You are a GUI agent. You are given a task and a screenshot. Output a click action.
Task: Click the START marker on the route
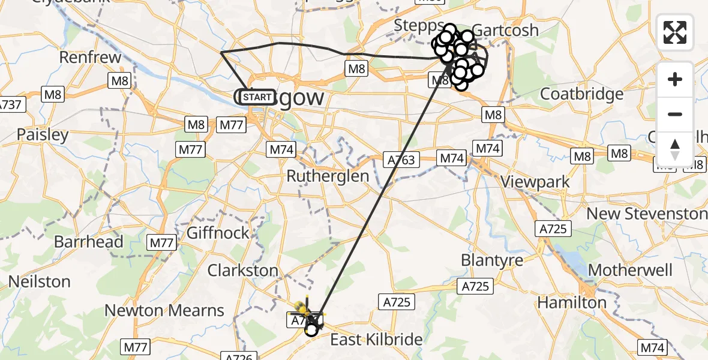[257, 97]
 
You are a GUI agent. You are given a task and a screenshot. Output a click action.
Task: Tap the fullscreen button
[675, 32]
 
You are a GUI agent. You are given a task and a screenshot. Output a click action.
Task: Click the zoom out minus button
[675, 114]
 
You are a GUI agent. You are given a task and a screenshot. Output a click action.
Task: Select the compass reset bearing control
[675, 149]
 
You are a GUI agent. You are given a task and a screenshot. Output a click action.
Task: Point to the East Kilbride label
[377, 340]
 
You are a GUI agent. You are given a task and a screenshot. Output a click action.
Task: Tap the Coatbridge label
[582, 94]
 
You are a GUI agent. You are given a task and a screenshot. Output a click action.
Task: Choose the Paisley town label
[43, 134]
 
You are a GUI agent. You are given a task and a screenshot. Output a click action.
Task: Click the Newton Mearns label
[164, 310]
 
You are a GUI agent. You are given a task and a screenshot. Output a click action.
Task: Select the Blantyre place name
[492, 260]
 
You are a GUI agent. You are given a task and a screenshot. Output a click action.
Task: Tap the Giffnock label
[218, 232]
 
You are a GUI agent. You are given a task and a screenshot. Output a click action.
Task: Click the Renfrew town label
[91, 58]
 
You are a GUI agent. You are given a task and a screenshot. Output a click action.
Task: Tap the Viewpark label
[535, 181]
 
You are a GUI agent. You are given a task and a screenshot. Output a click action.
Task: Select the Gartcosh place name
[505, 30]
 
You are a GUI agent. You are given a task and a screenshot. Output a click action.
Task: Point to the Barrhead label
[89, 242]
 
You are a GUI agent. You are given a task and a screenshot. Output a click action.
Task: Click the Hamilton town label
[572, 302]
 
